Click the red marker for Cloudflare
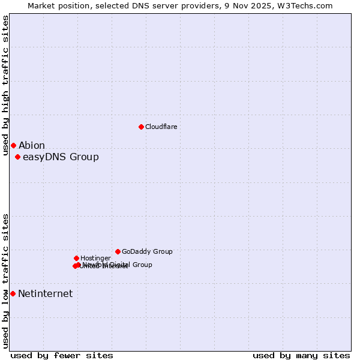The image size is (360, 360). [x=141, y=127]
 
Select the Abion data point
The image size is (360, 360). [x=13, y=145]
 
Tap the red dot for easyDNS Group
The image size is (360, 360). [x=17, y=157]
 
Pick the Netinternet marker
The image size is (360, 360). [x=13, y=293]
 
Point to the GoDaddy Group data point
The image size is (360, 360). [x=118, y=251]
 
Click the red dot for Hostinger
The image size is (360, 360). [x=76, y=258]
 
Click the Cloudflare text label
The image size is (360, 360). [x=161, y=127]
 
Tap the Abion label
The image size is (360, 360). [x=31, y=145]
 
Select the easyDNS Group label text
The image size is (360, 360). [x=61, y=157]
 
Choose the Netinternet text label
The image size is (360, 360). [x=45, y=293]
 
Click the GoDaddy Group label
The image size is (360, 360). [x=147, y=252]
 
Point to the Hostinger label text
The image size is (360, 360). [x=95, y=258]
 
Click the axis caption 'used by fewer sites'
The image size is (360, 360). [x=62, y=355]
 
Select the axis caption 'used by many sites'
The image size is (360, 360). [x=301, y=355]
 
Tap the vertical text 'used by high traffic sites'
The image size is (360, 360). [x=5, y=85]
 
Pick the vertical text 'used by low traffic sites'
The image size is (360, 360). [x=5, y=280]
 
